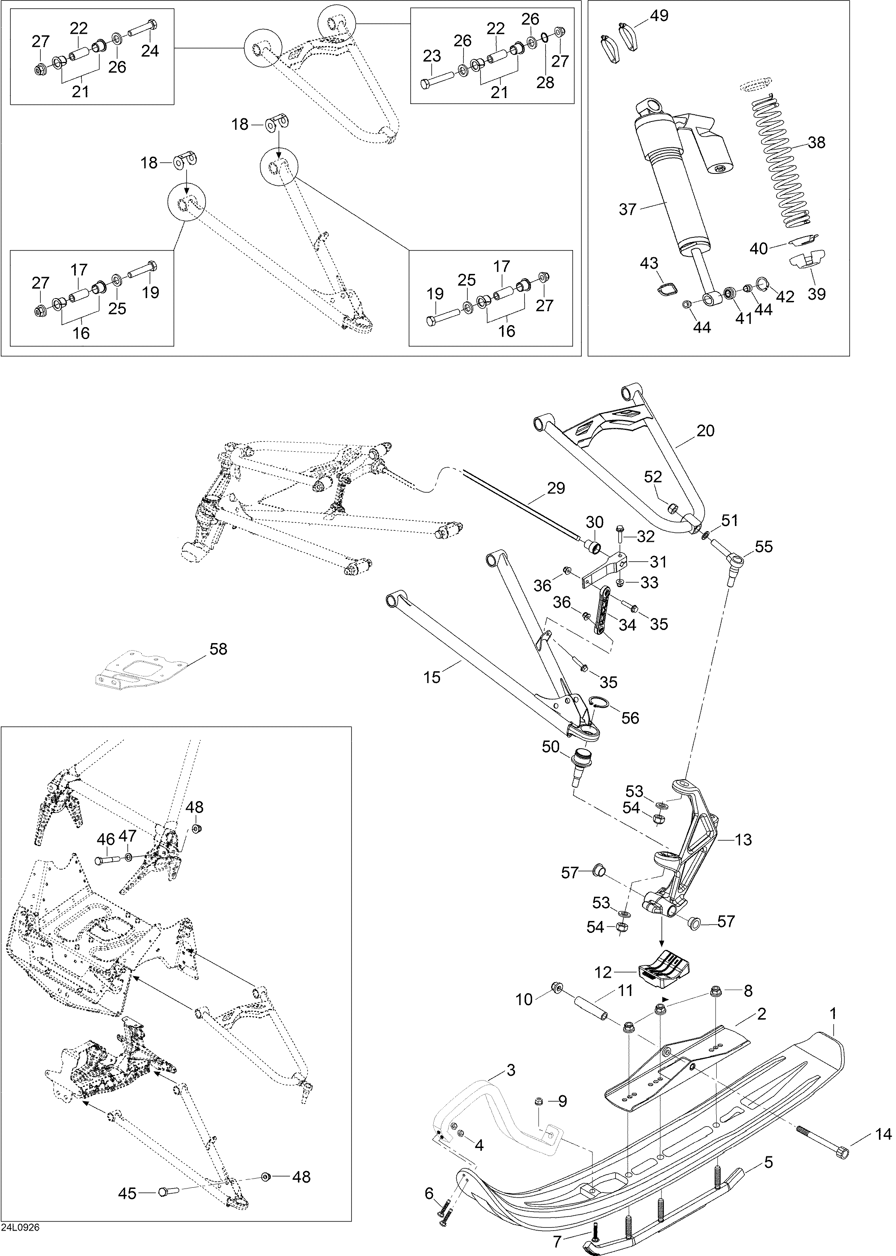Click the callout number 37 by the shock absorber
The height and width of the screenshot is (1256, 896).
628,210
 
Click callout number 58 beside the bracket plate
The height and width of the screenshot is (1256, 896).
219,649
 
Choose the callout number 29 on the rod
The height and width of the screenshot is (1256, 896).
556,488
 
